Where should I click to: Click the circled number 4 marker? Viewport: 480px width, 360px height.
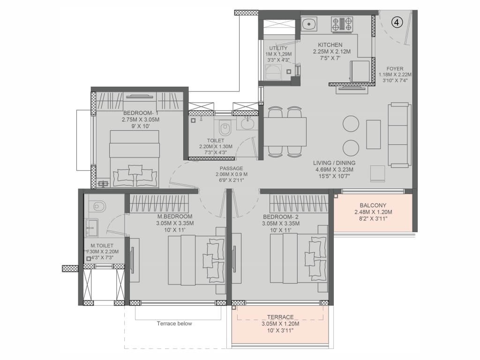[x=397, y=22]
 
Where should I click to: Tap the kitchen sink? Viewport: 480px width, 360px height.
[x=309, y=24]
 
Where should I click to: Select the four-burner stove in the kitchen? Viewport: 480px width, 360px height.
[x=342, y=24]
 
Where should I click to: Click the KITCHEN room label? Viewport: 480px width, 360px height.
[x=330, y=45]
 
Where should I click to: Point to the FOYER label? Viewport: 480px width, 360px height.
[x=395, y=68]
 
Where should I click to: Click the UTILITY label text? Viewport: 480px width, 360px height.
[x=278, y=48]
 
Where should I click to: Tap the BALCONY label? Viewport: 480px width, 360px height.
[x=373, y=205]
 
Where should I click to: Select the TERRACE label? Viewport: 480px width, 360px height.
[x=280, y=317]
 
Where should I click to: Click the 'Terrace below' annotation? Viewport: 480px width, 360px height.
[x=174, y=323]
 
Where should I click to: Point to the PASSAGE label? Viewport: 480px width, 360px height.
[x=231, y=168]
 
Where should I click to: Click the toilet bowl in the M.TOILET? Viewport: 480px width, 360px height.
[x=97, y=206]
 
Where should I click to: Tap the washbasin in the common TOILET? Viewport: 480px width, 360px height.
[x=247, y=123]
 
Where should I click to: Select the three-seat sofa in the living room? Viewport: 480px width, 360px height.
[x=399, y=135]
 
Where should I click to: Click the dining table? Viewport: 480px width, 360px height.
[x=285, y=132]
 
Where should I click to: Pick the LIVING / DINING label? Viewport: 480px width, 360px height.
[x=334, y=163]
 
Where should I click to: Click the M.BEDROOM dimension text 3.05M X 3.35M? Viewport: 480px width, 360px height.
[x=175, y=223]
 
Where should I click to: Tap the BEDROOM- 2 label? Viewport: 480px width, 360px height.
[x=281, y=217]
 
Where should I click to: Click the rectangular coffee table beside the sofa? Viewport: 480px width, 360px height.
[x=374, y=135]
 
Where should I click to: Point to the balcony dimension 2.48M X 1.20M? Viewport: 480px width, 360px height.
[x=373, y=212]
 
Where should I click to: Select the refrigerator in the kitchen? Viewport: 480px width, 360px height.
[x=360, y=71]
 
